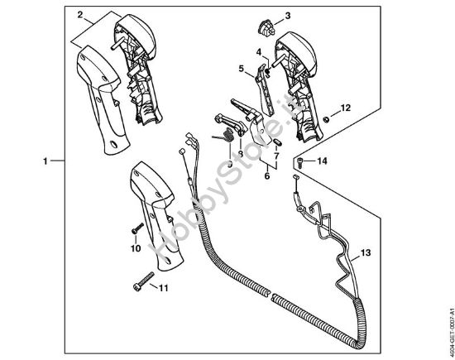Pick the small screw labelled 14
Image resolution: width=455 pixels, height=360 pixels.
[x=302, y=161]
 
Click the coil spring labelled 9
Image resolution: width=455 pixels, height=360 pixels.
[x=225, y=138]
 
